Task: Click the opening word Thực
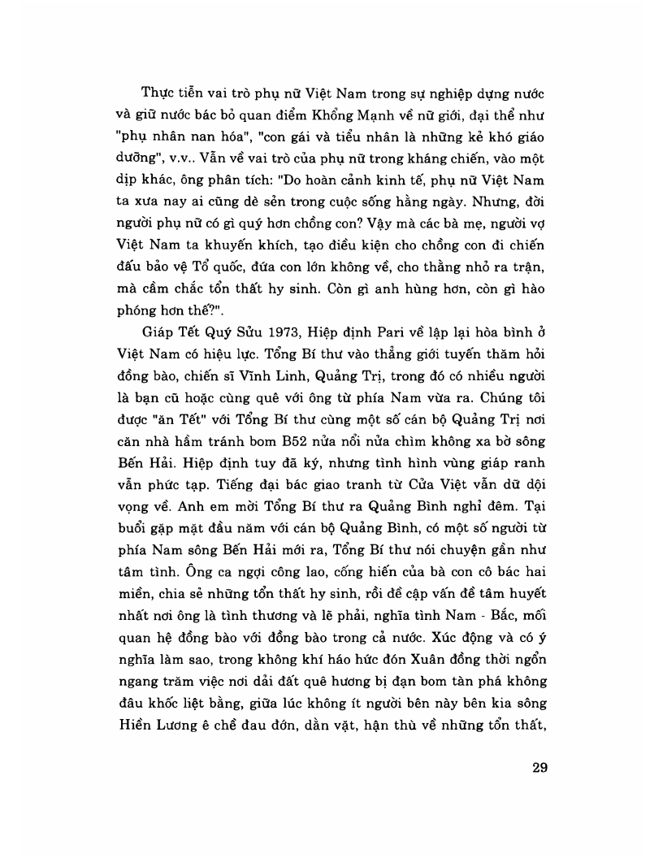158,89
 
